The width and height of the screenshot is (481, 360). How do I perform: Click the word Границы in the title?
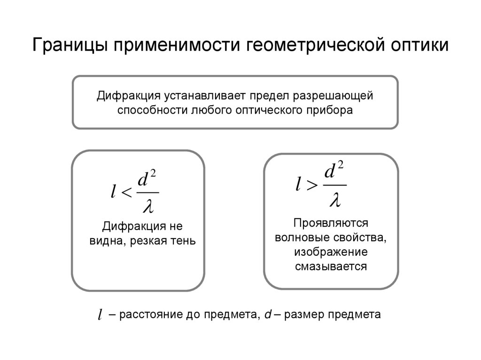70,46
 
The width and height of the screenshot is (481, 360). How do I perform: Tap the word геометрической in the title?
314,46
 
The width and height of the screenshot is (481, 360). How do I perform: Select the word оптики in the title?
419,46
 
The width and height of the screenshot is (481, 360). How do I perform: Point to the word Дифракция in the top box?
128,96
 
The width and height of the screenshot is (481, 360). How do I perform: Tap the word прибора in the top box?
331,110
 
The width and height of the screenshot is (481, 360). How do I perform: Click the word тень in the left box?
184,241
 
